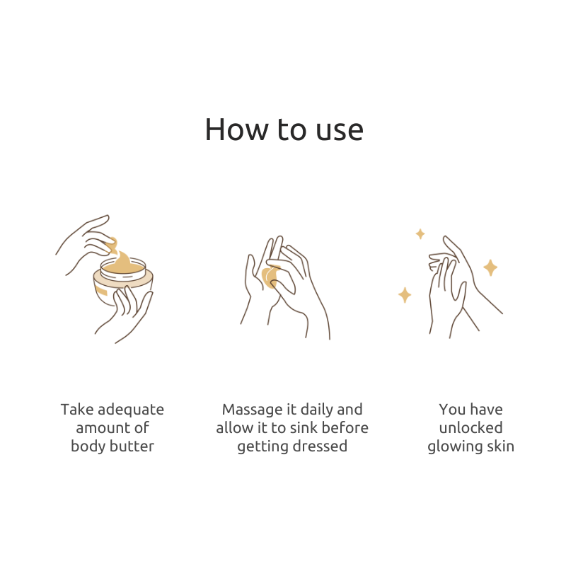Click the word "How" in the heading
click(237, 129)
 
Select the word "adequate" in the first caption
click(131, 410)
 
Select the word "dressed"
click(320, 446)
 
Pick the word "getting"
click(262, 447)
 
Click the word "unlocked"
click(470, 428)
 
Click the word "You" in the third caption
click(451, 410)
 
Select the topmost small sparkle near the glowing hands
click(420, 234)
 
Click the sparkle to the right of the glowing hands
click(490, 267)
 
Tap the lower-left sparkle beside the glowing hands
click(405, 295)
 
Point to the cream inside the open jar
click(122, 265)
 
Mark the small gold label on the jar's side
click(101, 290)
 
